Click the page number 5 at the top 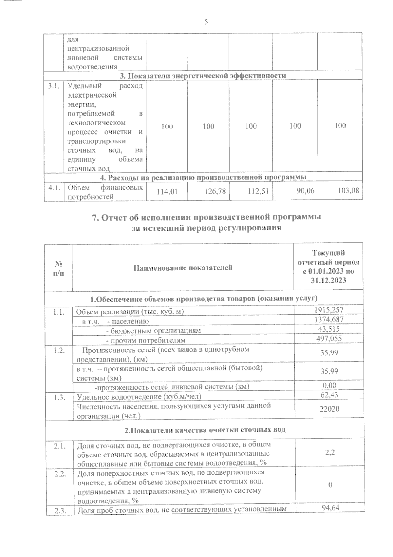(206, 22)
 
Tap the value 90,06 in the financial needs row (305, 191)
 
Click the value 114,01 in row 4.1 (167, 192)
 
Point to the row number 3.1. (53, 86)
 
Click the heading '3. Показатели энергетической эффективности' (202, 76)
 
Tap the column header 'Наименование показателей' (183, 268)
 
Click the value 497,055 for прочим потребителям (329, 339)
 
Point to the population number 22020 (329, 409)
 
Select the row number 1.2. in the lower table (58, 350)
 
